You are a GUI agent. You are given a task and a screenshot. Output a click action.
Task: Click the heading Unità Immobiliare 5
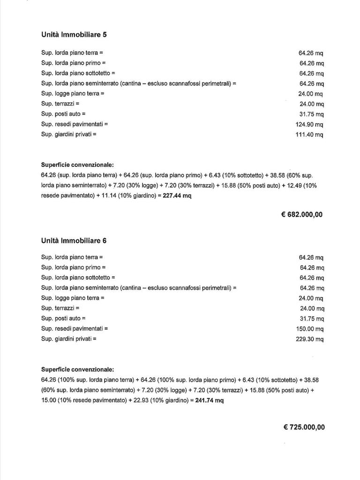[x=75, y=34]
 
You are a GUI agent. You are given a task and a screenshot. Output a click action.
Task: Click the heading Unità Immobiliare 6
[x=74, y=240]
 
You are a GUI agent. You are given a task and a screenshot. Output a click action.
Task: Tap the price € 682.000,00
[x=301, y=215]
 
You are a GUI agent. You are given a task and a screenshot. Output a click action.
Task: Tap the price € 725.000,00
[x=304, y=427]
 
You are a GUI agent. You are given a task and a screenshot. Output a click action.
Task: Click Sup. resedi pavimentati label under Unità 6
[x=75, y=329]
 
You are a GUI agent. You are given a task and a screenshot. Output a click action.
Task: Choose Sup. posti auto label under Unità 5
[x=63, y=114]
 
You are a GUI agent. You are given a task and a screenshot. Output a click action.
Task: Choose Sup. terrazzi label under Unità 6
[x=60, y=308]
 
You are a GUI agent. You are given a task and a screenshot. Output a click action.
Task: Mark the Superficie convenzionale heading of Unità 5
[x=77, y=165]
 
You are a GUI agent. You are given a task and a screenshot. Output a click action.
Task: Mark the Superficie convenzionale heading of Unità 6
[x=77, y=369]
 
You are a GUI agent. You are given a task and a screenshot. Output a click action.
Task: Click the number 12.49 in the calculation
[x=294, y=186]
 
